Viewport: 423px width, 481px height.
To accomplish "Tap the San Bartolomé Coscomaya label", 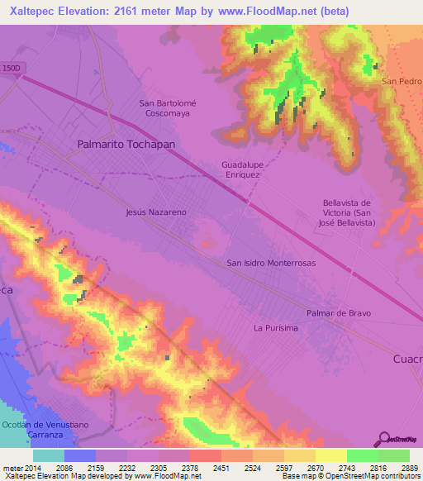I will coord(168,109).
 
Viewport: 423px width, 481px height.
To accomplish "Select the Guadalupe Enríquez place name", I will coord(241,169).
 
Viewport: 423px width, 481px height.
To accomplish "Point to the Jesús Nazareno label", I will coord(155,212).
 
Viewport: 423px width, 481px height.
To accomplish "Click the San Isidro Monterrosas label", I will coord(271,262).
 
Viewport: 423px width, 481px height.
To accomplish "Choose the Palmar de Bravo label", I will coord(339,313).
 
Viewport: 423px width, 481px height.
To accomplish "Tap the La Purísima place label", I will coord(275,328).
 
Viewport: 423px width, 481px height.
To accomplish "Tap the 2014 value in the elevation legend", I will coord(32,467).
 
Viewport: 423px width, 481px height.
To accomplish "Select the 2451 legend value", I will coord(221,467).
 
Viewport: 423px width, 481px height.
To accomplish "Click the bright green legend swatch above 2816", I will coord(362,455).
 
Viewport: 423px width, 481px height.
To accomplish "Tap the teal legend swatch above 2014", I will coord(48,455).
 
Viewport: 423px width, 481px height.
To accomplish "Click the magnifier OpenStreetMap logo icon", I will coord(383,440).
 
